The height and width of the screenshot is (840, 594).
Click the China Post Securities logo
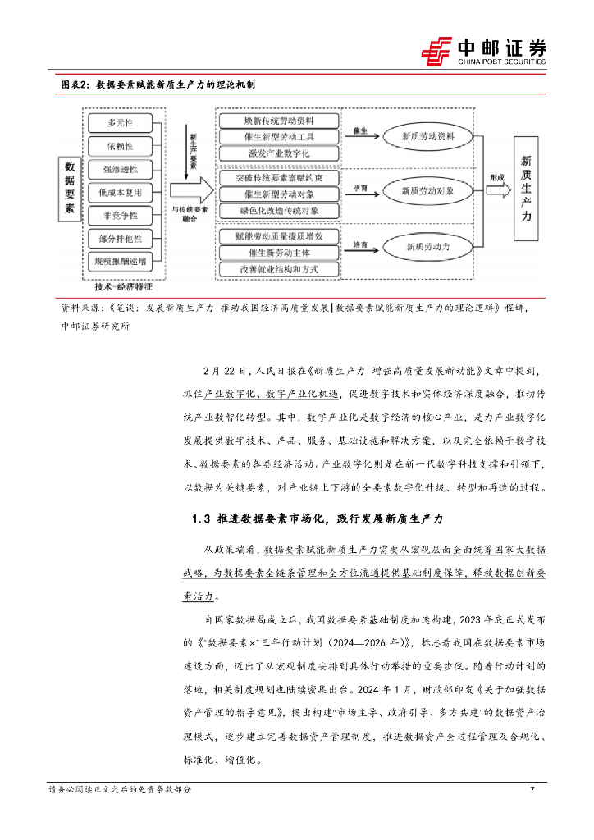tap(484, 52)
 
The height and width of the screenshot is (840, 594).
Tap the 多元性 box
tap(120, 122)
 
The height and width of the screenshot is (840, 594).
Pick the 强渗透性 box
tap(120, 169)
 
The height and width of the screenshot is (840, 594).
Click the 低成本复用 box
tap(120, 192)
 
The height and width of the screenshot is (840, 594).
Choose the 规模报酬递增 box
tap(120, 261)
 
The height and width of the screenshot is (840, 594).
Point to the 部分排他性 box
tap(120, 238)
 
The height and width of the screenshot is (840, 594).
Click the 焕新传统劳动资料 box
tap(279, 120)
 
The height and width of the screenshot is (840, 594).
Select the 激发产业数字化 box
tap(279, 153)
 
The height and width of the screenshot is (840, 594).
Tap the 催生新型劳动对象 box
tap(279, 194)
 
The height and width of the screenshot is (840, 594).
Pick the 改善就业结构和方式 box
tap(279, 268)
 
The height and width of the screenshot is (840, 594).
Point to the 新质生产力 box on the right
tap(526, 189)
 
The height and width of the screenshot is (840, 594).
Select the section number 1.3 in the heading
tap(201, 518)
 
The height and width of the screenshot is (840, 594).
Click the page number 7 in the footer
tap(532, 790)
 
